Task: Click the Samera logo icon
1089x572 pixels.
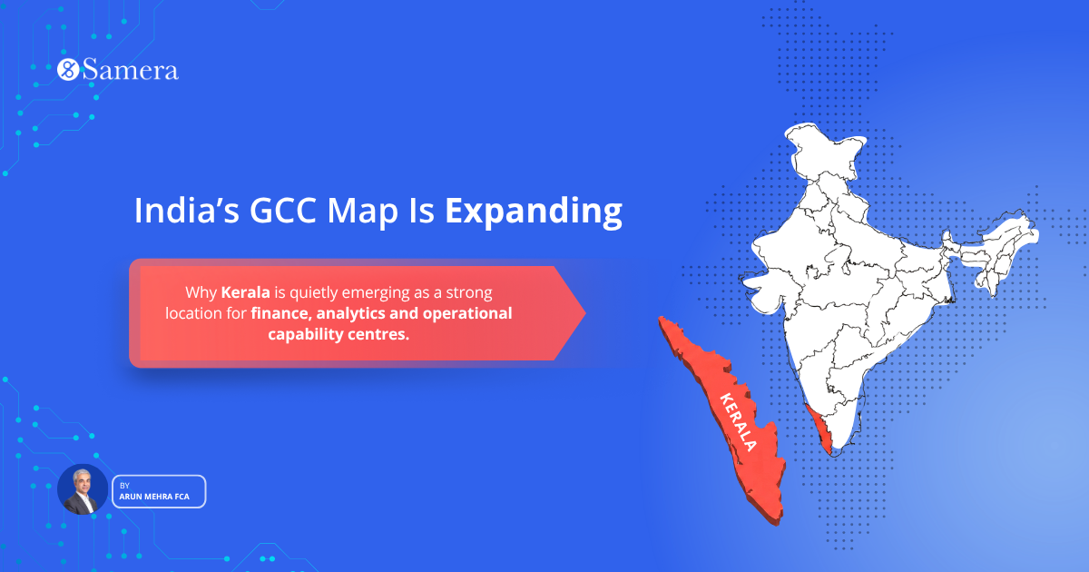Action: tap(68, 70)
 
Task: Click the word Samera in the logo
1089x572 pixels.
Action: tap(130, 70)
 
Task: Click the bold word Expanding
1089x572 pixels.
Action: tap(533, 212)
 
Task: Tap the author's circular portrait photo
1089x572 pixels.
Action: tap(83, 490)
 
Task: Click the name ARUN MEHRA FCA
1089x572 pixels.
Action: tap(154, 498)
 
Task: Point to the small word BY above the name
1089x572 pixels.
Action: tap(124, 486)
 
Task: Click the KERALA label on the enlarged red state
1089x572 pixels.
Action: tap(735, 422)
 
